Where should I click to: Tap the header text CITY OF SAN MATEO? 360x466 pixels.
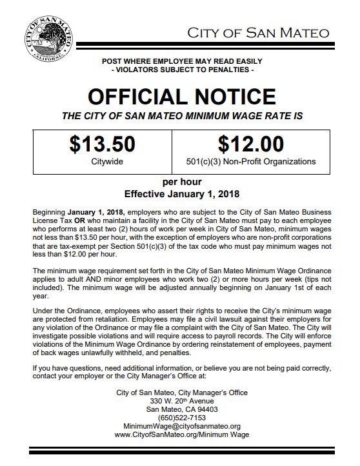click(x=258, y=33)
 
